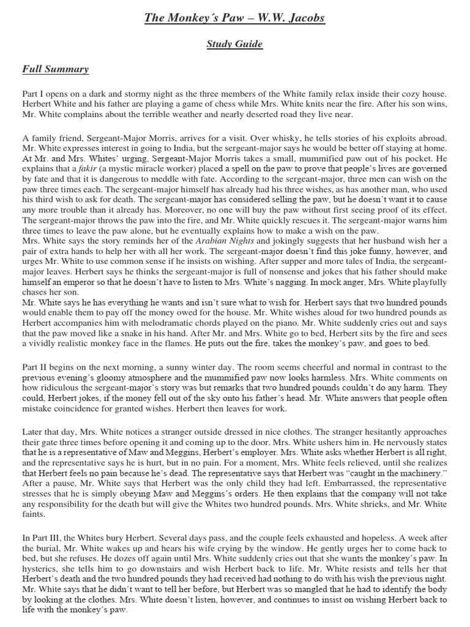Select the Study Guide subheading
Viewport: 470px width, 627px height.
coord(234,44)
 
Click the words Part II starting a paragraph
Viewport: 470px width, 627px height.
coord(34,366)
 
